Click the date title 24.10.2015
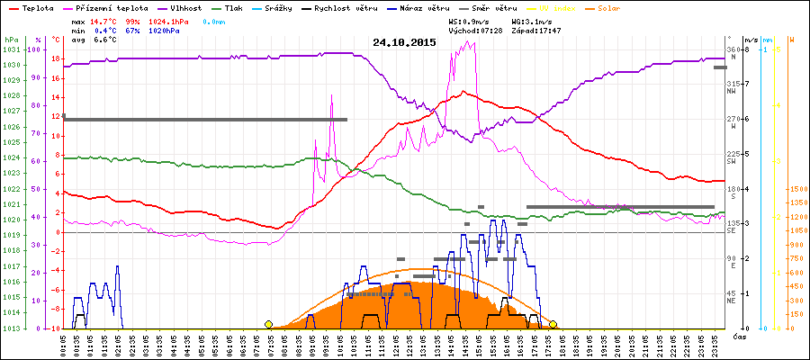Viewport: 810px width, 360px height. (x=404, y=42)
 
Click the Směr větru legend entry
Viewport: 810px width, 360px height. (x=493, y=7)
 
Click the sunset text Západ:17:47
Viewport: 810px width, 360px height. (x=536, y=30)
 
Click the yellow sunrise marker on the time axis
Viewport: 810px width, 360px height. (x=268, y=324)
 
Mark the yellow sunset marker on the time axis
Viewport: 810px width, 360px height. (x=553, y=324)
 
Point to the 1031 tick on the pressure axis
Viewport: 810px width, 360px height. (x=11, y=49)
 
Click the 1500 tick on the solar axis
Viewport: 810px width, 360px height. (x=798, y=189)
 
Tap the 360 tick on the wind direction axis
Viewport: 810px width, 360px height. (x=733, y=49)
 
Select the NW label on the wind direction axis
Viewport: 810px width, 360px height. (x=733, y=91)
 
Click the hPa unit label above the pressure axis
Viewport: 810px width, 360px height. (x=11, y=40)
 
